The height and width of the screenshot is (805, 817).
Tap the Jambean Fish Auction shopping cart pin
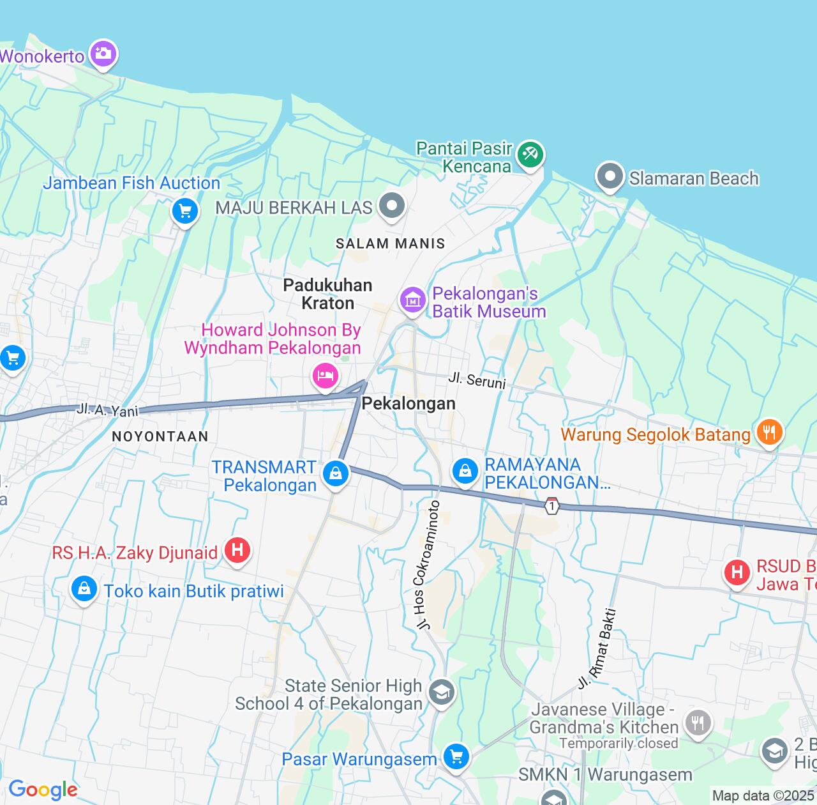coord(185,210)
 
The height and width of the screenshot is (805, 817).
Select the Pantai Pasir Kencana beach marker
coord(530,155)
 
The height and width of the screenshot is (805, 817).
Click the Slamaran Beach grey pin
coord(610,176)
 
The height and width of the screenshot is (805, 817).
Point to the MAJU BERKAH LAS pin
coord(392,206)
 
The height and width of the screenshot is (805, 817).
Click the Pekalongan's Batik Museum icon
coord(413,300)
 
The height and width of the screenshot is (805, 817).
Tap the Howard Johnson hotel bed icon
coord(325,375)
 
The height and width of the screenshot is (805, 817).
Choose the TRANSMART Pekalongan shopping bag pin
coord(335,474)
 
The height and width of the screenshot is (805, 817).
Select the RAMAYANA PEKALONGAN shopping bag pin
coord(465,471)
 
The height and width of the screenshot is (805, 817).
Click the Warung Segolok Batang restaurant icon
coord(769,433)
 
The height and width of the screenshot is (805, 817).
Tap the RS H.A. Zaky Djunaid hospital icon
coord(237,549)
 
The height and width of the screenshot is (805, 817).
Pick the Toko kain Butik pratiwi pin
coord(84,589)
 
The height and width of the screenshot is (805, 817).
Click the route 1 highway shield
coord(552,506)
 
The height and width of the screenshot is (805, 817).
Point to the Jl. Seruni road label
coord(477,380)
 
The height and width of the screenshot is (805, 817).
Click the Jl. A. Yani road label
coord(107,410)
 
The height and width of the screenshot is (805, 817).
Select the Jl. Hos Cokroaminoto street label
coord(427,565)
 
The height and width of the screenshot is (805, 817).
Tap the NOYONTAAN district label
coord(160,437)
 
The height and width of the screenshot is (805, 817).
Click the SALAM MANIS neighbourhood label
coord(390,243)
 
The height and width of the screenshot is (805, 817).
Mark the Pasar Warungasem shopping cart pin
coord(456,758)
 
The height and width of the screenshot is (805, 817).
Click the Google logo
coord(43,790)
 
